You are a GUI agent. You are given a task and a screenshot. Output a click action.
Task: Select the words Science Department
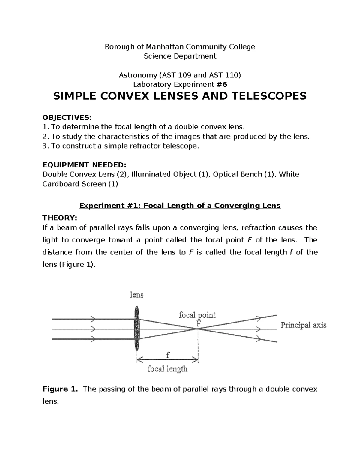(180, 56)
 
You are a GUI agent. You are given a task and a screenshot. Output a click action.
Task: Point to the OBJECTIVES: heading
(67, 117)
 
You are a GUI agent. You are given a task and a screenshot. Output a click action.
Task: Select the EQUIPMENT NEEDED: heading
(84, 165)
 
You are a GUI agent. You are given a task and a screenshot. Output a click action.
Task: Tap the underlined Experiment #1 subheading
(180, 206)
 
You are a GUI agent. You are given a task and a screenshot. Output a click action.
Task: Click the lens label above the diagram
(136, 295)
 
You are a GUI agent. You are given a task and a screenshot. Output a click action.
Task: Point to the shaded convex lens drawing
(137, 329)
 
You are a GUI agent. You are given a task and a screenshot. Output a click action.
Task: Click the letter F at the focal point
(198, 323)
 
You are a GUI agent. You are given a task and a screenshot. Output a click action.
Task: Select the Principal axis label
(303, 325)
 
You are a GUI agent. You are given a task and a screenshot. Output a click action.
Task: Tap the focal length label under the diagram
(167, 368)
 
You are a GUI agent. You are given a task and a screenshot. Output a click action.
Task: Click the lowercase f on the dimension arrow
(168, 355)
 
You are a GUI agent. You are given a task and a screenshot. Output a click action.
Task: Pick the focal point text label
(197, 315)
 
